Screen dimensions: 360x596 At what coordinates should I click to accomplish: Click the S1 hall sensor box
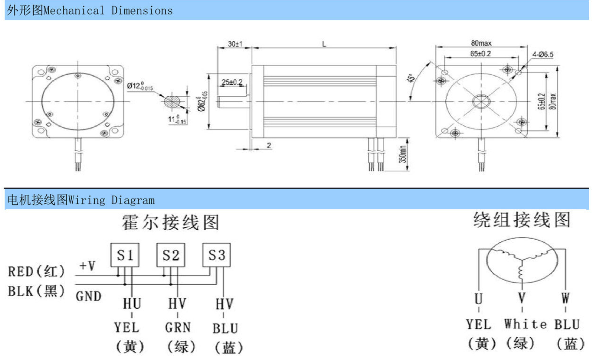[125, 255]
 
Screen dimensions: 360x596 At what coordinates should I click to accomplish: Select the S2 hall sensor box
[171, 255]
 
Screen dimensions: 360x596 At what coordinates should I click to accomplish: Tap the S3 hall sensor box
[217, 255]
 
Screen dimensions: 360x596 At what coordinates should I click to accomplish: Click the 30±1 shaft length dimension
[235, 44]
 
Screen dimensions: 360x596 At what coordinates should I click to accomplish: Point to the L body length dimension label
[324, 44]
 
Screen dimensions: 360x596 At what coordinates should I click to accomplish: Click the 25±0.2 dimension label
[232, 82]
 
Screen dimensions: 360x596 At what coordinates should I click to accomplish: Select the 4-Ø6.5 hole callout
[542, 55]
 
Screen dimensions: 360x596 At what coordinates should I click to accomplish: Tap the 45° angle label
[411, 78]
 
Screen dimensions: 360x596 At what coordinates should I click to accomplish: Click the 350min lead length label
[403, 154]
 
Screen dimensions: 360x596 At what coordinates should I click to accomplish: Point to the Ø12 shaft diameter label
[140, 86]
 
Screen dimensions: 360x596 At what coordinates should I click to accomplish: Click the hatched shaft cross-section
[172, 102]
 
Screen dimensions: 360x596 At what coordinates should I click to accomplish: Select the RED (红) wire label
[36, 272]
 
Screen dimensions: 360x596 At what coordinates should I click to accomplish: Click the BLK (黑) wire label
[36, 291]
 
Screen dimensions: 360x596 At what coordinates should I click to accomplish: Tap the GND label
[88, 296]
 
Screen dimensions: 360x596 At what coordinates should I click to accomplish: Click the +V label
[87, 266]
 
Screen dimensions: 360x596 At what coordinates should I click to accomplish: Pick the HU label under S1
[132, 304]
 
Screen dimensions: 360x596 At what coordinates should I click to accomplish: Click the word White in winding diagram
[525, 324]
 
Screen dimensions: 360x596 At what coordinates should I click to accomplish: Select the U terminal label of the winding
[478, 299]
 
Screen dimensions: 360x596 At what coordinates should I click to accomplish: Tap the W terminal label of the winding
[566, 298]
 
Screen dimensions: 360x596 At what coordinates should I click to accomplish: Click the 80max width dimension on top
[481, 43]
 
